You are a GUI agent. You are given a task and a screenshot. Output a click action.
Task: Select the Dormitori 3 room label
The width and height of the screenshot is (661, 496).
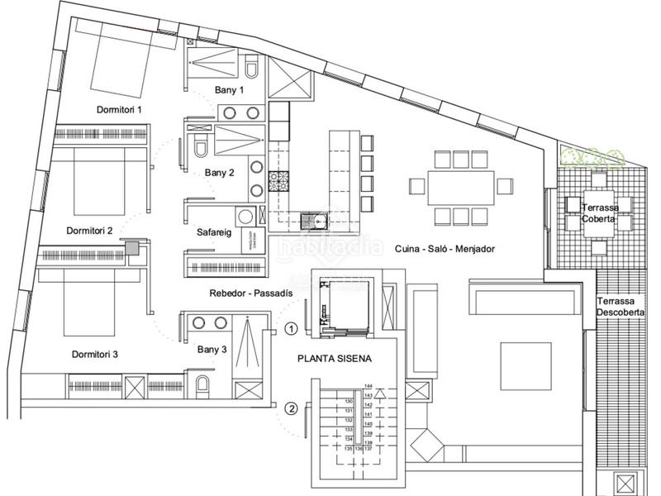point(94,354)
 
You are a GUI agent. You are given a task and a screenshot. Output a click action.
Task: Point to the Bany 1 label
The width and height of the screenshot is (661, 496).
point(230,90)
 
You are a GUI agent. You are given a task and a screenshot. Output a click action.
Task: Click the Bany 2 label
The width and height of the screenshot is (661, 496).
point(220,173)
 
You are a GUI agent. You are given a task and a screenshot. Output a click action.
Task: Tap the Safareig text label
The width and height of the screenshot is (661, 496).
point(214,232)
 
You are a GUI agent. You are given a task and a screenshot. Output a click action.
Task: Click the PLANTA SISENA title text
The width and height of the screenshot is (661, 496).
point(335,360)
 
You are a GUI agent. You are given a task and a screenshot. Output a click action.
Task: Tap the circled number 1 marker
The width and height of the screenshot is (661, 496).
point(291,328)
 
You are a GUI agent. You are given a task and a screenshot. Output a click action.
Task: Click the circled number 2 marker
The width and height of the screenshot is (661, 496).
point(291,407)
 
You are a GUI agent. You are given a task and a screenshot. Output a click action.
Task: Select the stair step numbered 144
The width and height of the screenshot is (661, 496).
point(369,386)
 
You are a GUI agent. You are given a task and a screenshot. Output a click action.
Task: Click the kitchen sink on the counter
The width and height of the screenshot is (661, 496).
point(314,220)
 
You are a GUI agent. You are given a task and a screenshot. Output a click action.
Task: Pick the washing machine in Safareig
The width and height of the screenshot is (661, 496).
point(245,217)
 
